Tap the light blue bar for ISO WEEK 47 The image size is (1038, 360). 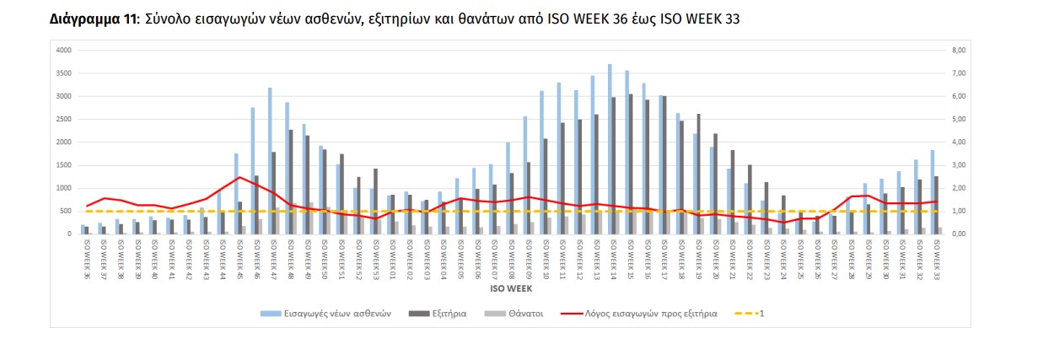269,160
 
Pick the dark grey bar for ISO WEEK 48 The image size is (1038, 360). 292,181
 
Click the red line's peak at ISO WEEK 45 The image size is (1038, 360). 240,177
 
